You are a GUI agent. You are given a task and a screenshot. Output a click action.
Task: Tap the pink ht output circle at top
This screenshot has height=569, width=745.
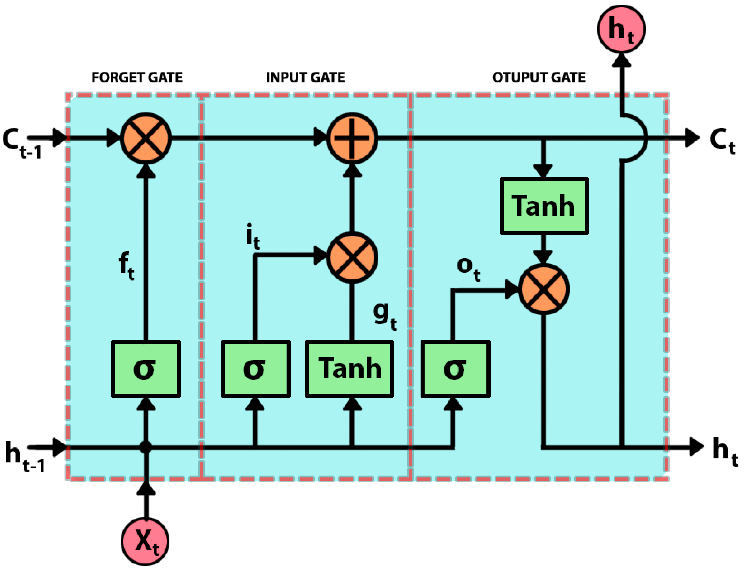621,29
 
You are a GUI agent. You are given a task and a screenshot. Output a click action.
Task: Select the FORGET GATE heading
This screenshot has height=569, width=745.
137,78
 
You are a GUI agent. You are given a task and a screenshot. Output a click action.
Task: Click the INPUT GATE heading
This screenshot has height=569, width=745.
305,78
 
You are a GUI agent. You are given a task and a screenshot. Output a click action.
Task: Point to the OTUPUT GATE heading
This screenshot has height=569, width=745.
539,78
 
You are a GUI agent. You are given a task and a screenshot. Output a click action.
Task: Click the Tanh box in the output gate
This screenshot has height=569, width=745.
544,206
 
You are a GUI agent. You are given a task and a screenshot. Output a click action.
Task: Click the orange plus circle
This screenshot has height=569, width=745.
352,138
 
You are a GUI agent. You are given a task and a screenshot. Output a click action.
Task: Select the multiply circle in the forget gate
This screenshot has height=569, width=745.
146,138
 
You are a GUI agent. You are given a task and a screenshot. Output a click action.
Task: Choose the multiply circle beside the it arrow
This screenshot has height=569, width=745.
352,258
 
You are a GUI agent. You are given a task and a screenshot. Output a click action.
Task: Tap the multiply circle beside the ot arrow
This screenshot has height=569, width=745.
544,289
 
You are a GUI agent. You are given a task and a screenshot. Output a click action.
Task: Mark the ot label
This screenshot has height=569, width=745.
468,269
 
